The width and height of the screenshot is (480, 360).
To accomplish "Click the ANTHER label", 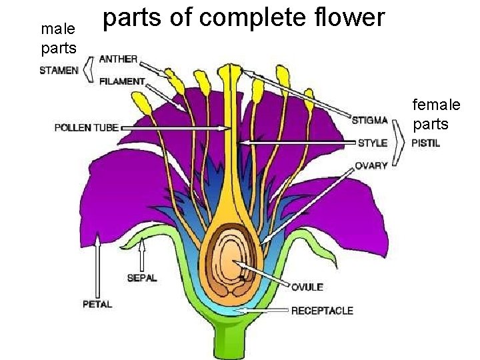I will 118,59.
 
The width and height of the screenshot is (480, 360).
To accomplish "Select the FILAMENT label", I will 121,81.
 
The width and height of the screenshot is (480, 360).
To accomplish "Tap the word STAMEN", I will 59,70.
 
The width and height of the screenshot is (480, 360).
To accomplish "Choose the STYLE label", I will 372,143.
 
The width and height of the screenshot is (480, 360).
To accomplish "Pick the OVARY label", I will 371,165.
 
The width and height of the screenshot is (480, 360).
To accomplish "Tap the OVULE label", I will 307,287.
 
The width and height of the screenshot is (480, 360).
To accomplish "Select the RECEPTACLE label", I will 322,310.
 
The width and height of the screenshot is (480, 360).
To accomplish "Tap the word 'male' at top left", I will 57,29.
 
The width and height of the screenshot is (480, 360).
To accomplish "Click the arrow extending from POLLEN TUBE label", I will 173,127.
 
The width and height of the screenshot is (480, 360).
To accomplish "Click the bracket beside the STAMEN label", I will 88,70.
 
